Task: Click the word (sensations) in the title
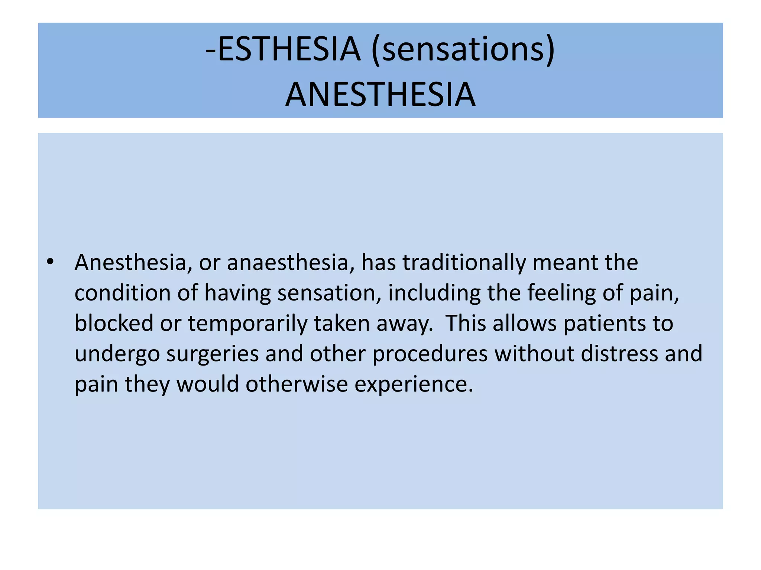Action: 463,50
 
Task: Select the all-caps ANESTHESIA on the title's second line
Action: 380,95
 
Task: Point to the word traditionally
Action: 464,263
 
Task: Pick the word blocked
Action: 114,323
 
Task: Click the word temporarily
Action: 247,323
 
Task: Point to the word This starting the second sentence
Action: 466,323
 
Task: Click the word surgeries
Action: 212,354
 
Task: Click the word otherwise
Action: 297,384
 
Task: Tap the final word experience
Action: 414,384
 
